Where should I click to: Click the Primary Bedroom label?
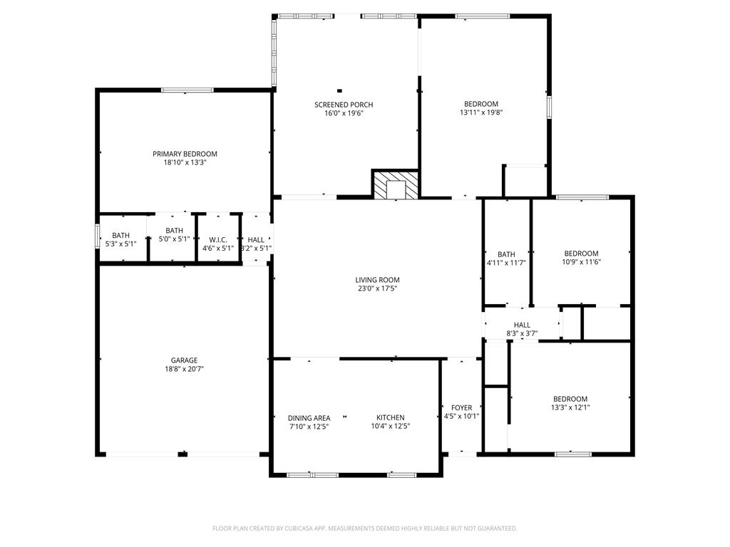coord(185,154)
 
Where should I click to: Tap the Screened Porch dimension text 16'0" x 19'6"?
coord(344,113)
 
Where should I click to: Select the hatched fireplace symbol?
coord(396,184)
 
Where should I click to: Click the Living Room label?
coord(377,280)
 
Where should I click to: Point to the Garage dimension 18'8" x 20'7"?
coord(185,369)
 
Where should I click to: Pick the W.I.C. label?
coord(218,240)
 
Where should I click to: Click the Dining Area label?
coord(309,418)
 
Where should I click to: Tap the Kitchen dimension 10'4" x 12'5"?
coord(391,426)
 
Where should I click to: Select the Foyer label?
coord(461,408)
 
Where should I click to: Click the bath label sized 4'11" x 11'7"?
coord(507,254)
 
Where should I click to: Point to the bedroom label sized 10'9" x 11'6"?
coord(581,254)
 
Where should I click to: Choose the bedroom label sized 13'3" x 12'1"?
coord(570,399)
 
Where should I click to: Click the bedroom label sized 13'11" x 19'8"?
coord(481,104)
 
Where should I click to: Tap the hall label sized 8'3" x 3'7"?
coord(522,325)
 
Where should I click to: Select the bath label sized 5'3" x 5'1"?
coord(120,236)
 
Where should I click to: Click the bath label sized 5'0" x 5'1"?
coord(174,231)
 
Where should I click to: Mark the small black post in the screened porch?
coord(339,90)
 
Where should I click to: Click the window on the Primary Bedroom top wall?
coord(187,90)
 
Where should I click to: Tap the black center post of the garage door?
coord(182,454)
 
